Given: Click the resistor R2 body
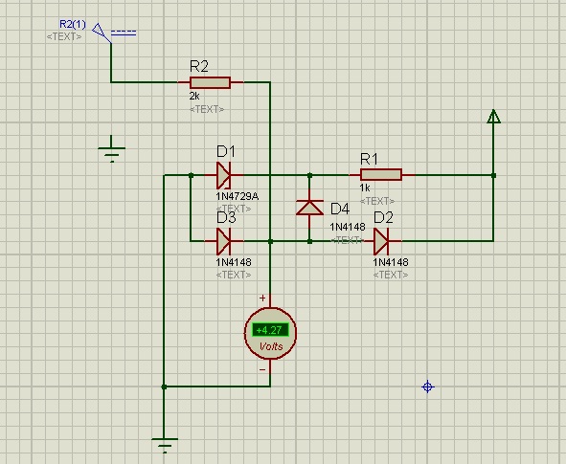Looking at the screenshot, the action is click(x=210, y=82).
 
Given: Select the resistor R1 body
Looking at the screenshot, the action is click(x=381, y=175).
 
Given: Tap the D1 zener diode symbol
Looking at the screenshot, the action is click(x=224, y=175).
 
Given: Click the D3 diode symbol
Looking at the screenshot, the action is click(x=224, y=241).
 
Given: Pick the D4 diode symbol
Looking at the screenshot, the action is click(x=309, y=208).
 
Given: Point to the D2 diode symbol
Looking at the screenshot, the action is click(x=381, y=241).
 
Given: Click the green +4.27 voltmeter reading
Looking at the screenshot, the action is click(x=270, y=330).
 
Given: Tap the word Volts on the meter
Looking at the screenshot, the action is click(x=271, y=346).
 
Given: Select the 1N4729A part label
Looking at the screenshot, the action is click(x=238, y=196).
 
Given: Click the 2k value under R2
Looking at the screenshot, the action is click(x=194, y=96).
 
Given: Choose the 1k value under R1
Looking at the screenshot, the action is click(x=365, y=188).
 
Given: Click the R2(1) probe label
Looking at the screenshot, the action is click(x=73, y=24).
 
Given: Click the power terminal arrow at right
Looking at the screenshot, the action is click(x=493, y=117).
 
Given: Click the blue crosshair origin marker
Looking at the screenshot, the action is click(x=428, y=387).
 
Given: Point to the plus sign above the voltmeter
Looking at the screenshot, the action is click(x=262, y=298).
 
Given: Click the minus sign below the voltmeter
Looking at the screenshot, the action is click(x=262, y=369).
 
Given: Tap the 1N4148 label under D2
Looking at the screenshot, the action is click(x=391, y=262).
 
